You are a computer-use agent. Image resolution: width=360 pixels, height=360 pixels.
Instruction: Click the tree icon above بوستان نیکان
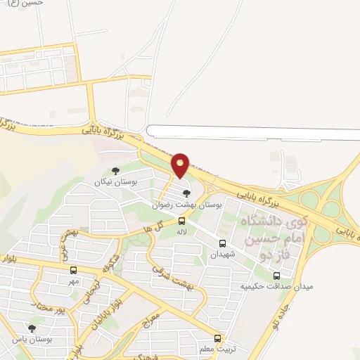[115, 170]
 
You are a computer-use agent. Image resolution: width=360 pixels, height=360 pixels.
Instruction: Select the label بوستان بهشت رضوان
[187, 205]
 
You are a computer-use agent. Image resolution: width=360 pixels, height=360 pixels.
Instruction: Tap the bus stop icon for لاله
[182, 221]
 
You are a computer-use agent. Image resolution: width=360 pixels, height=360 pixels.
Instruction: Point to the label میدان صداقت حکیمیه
[276, 287]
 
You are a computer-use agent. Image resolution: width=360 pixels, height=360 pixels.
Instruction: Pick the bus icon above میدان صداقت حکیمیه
[276, 275]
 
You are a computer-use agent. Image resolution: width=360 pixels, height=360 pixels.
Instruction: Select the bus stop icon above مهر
[73, 270]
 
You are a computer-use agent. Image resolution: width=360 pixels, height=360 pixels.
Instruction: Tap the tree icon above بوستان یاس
[31, 328]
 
